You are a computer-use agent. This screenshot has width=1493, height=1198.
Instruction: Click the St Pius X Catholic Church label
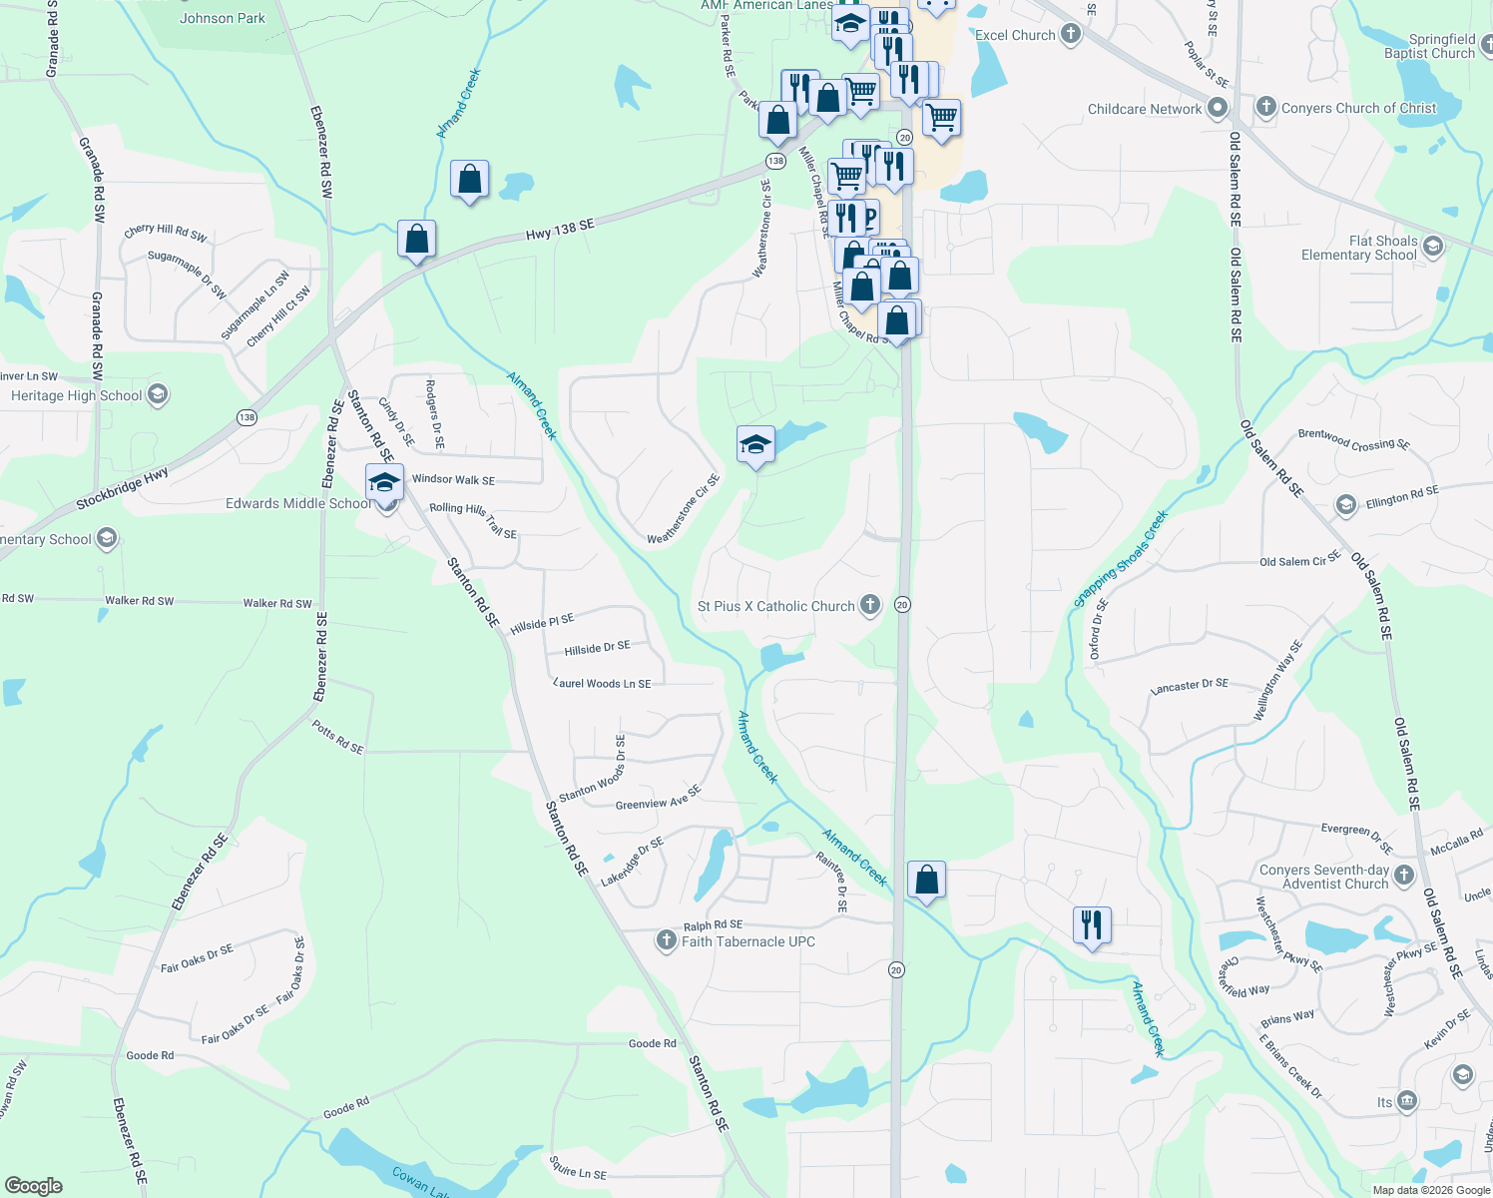[x=775, y=606]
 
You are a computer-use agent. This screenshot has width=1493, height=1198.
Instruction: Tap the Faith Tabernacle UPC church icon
[x=667, y=940]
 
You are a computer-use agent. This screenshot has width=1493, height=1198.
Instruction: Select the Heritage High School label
[x=77, y=395]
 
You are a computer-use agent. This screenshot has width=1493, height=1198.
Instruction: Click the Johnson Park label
[x=223, y=18]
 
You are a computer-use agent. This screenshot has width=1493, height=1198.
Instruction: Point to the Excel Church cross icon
[x=1071, y=35]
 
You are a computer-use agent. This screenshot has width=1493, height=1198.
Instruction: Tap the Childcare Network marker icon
[x=1217, y=108]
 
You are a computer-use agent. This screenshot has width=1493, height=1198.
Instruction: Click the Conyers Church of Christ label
[x=1358, y=108]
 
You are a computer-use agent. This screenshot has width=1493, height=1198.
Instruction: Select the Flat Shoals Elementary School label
[x=1358, y=248]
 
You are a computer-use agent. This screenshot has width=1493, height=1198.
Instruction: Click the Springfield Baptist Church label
[x=1429, y=46]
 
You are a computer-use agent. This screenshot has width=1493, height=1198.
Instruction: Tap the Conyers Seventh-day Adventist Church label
[x=1324, y=877]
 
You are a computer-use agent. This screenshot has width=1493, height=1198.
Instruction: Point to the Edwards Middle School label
[x=298, y=503]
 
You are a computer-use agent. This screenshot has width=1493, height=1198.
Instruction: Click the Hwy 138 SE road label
[x=560, y=231]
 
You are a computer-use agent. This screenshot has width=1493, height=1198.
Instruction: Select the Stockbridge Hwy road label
[x=122, y=489]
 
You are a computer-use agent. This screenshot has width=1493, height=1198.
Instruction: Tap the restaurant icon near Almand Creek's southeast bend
[x=1092, y=925]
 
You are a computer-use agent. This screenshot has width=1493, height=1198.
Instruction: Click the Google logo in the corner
[x=34, y=1185]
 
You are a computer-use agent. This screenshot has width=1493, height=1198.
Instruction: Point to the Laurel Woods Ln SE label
[x=603, y=684]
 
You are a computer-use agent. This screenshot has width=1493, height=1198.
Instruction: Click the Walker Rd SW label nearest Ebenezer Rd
[x=277, y=603]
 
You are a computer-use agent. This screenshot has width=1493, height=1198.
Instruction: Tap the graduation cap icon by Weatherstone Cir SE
[x=755, y=445]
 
